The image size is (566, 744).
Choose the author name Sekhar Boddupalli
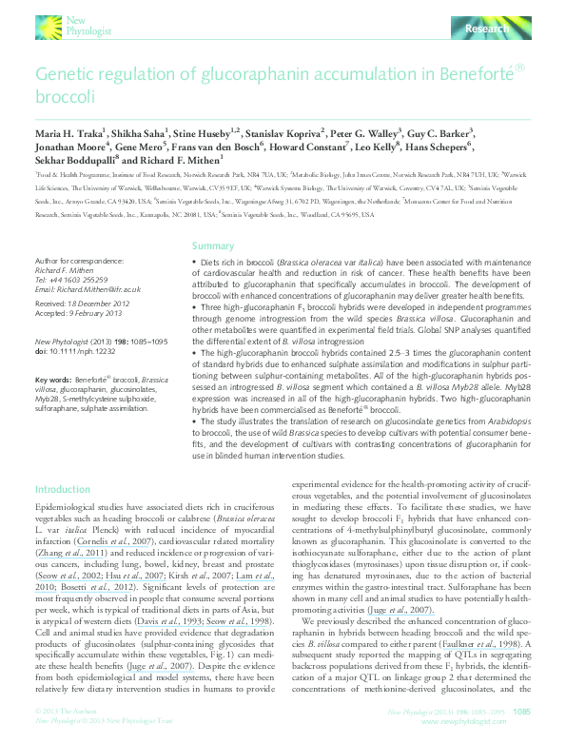tap(72, 162)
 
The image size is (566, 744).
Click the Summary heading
tap(212, 245)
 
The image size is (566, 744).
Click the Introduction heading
tap(62, 489)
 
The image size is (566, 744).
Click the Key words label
tap(52, 378)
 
